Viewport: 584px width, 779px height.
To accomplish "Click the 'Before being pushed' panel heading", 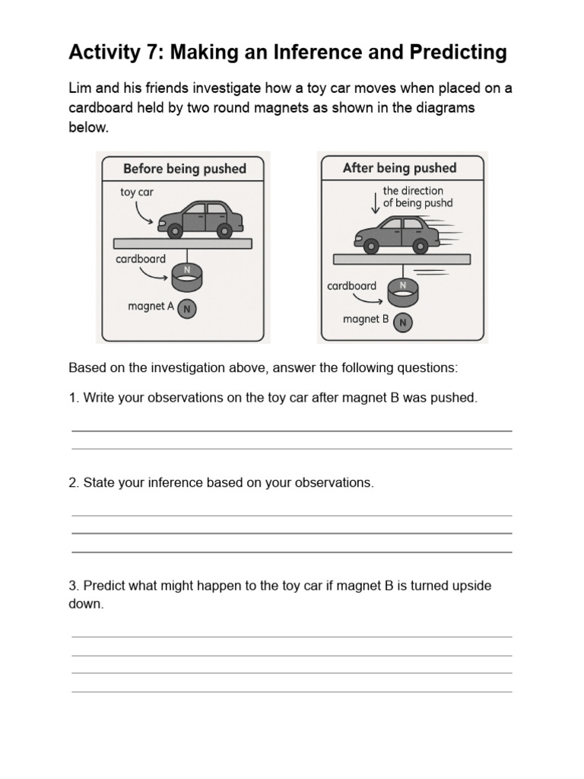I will click(185, 168).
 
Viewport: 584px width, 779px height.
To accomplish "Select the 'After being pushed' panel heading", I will click(399, 167).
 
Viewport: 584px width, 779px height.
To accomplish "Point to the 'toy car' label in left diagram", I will click(137, 192).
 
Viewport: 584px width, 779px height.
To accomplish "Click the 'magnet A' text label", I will click(151, 306).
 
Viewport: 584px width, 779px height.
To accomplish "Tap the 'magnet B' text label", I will click(366, 320).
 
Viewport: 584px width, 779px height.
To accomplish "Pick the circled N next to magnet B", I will click(403, 322).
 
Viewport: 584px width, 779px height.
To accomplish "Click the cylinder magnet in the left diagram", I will click(186, 278).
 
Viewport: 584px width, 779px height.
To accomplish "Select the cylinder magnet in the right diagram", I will click(403, 291).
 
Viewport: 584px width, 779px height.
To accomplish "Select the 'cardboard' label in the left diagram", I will click(141, 259).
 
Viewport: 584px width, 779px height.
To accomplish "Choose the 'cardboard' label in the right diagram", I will click(351, 286).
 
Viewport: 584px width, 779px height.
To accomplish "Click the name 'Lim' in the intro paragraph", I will click(81, 88).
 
